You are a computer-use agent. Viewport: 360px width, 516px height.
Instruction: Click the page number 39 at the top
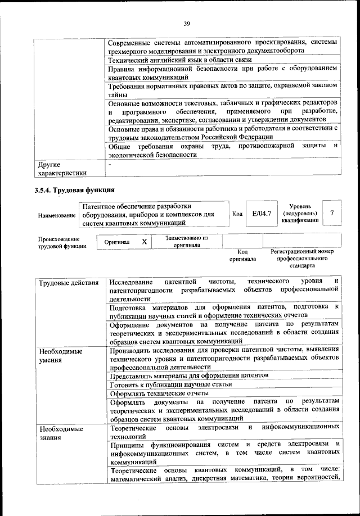(187, 23)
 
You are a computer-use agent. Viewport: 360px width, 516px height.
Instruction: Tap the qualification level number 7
(332, 213)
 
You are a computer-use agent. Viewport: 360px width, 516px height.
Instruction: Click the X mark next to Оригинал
(144, 242)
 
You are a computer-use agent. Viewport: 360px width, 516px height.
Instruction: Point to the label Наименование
(56, 215)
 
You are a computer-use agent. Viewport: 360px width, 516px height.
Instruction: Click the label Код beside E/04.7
(237, 214)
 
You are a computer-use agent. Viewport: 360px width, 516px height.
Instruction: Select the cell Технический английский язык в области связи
(180, 59)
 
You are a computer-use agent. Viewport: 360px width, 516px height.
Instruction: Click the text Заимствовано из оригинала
(187, 242)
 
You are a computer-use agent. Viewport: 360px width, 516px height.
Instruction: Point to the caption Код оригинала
(242, 256)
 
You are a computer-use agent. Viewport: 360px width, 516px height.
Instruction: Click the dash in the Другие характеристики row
(110, 165)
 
